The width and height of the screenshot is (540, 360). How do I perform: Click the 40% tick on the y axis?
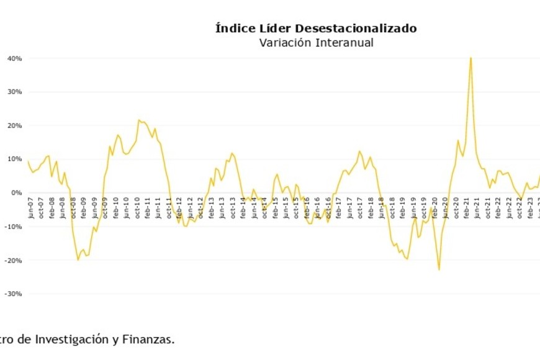(16, 58)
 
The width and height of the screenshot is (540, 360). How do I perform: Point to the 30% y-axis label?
(16, 92)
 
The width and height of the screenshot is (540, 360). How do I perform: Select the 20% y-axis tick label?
(16, 125)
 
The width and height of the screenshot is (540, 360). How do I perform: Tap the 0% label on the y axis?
(17, 192)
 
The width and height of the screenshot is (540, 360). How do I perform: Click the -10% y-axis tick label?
(14, 227)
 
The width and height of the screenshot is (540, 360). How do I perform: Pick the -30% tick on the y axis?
(14, 294)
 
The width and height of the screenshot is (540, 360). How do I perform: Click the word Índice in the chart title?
(234, 29)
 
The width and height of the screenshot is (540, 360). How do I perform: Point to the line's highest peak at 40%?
(470, 58)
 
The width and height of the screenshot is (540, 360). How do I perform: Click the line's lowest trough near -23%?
(439, 269)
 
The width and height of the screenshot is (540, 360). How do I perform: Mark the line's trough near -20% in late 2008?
(78, 259)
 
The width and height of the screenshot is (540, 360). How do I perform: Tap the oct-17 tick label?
(359, 208)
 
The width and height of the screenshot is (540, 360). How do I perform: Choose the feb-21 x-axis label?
(466, 208)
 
